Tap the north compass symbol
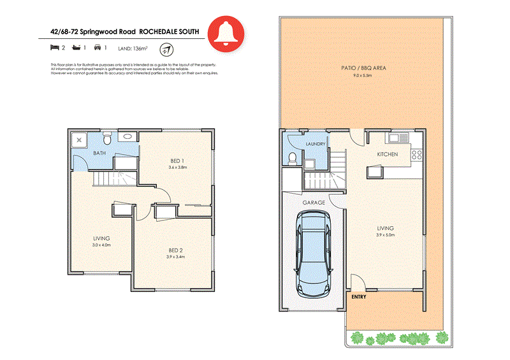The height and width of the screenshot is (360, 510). [166, 48]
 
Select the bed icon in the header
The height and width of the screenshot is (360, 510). [54, 47]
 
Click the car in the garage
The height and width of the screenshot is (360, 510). [312, 254]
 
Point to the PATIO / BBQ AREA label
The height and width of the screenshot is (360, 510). [364, 68]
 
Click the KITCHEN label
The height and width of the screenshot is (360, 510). [387, 154]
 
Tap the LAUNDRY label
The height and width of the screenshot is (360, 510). [316, 144]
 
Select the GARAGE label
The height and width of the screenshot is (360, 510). [314, 203]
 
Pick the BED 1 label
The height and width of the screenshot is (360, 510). [178, 160]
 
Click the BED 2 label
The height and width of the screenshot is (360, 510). [176, 250]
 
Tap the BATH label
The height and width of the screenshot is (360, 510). [99, 154]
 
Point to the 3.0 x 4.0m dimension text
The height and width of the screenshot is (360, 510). [101, 245]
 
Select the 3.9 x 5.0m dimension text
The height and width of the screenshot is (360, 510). [386, 235]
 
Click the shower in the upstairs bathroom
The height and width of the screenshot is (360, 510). [80, 139]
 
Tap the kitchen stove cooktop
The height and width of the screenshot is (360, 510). [418, 154]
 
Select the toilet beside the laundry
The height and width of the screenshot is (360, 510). [291, 157]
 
